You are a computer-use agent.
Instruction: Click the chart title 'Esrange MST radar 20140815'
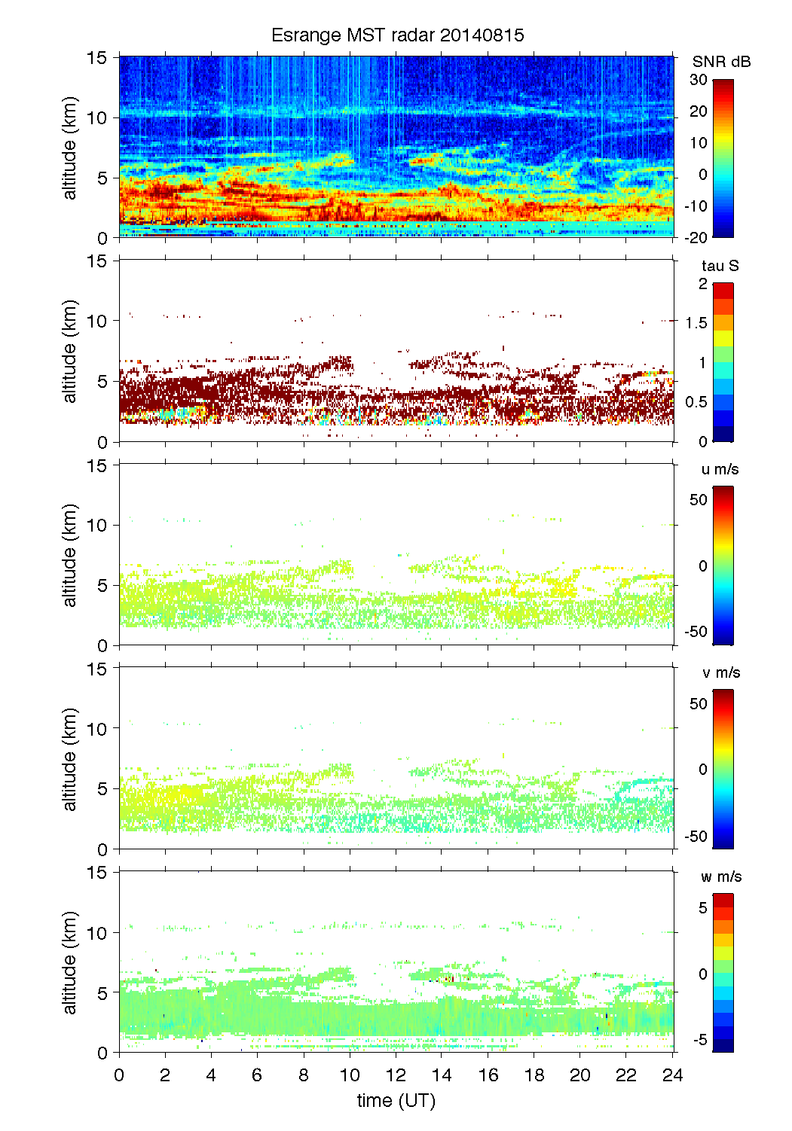click(x=397, y=35)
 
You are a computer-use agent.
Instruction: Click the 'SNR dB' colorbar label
click(x=721, y=62)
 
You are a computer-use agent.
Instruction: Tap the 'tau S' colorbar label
click(x=720, y=266)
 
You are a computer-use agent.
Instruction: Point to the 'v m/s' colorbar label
click(x=720, y=673)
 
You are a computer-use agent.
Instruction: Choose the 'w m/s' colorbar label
click(x=720, y=877)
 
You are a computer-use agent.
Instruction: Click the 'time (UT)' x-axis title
click(x=396, y=1101)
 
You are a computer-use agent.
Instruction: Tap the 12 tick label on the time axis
click(x=396, y=1075)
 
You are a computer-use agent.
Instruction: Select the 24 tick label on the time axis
click(x=672, y=1075)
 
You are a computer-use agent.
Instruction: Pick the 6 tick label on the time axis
click(x=257, y=1075)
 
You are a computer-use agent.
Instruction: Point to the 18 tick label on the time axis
click(x=534, y=1075)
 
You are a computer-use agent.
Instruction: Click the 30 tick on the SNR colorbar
click(x=698, y=80)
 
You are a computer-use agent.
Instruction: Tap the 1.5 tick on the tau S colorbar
click(x=697, y=323)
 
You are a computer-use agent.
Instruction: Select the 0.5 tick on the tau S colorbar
click(x=697, y=402)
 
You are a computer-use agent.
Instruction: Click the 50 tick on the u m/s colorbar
click(x=699, y=500)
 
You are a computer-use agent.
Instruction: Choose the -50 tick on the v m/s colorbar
click(x=696, y=837)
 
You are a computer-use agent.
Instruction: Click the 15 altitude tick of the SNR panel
click(x=97, y=58)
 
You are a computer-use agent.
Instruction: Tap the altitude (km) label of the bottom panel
click(x=70, y=962)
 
